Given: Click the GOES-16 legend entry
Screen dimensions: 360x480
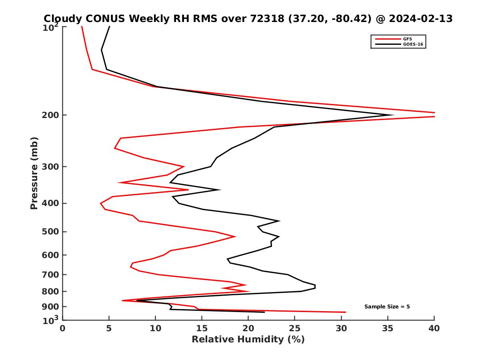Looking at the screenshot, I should point(412,44).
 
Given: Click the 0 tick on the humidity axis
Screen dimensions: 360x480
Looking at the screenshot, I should point(63,328).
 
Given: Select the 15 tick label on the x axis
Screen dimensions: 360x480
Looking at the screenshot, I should point(202,328).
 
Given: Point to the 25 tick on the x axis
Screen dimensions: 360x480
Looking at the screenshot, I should point(295,328).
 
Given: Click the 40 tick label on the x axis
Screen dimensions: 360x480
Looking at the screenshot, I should point(434,328).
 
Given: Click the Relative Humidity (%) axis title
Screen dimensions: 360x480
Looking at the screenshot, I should point(248,340).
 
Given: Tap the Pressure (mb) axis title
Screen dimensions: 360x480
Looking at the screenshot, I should point(34,173).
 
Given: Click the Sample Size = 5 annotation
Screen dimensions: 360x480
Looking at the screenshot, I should point(387,307).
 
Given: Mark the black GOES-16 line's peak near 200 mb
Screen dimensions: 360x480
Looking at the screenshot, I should point(394,115).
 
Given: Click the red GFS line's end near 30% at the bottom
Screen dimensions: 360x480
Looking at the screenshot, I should point(345,312).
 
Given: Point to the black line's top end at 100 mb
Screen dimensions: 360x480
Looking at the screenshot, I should point(109,26).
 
